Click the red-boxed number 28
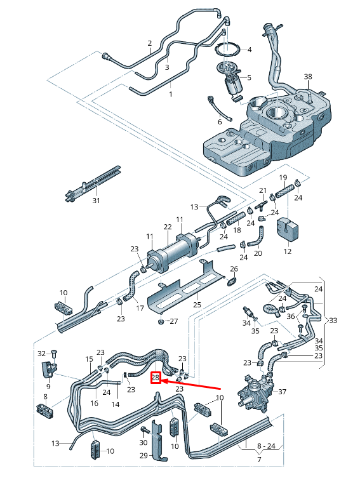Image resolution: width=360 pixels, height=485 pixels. (x=156, y=378)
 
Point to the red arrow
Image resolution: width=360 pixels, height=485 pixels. (x=190, y=384)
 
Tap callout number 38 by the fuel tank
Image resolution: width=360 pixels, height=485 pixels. (x=308, y=77)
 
